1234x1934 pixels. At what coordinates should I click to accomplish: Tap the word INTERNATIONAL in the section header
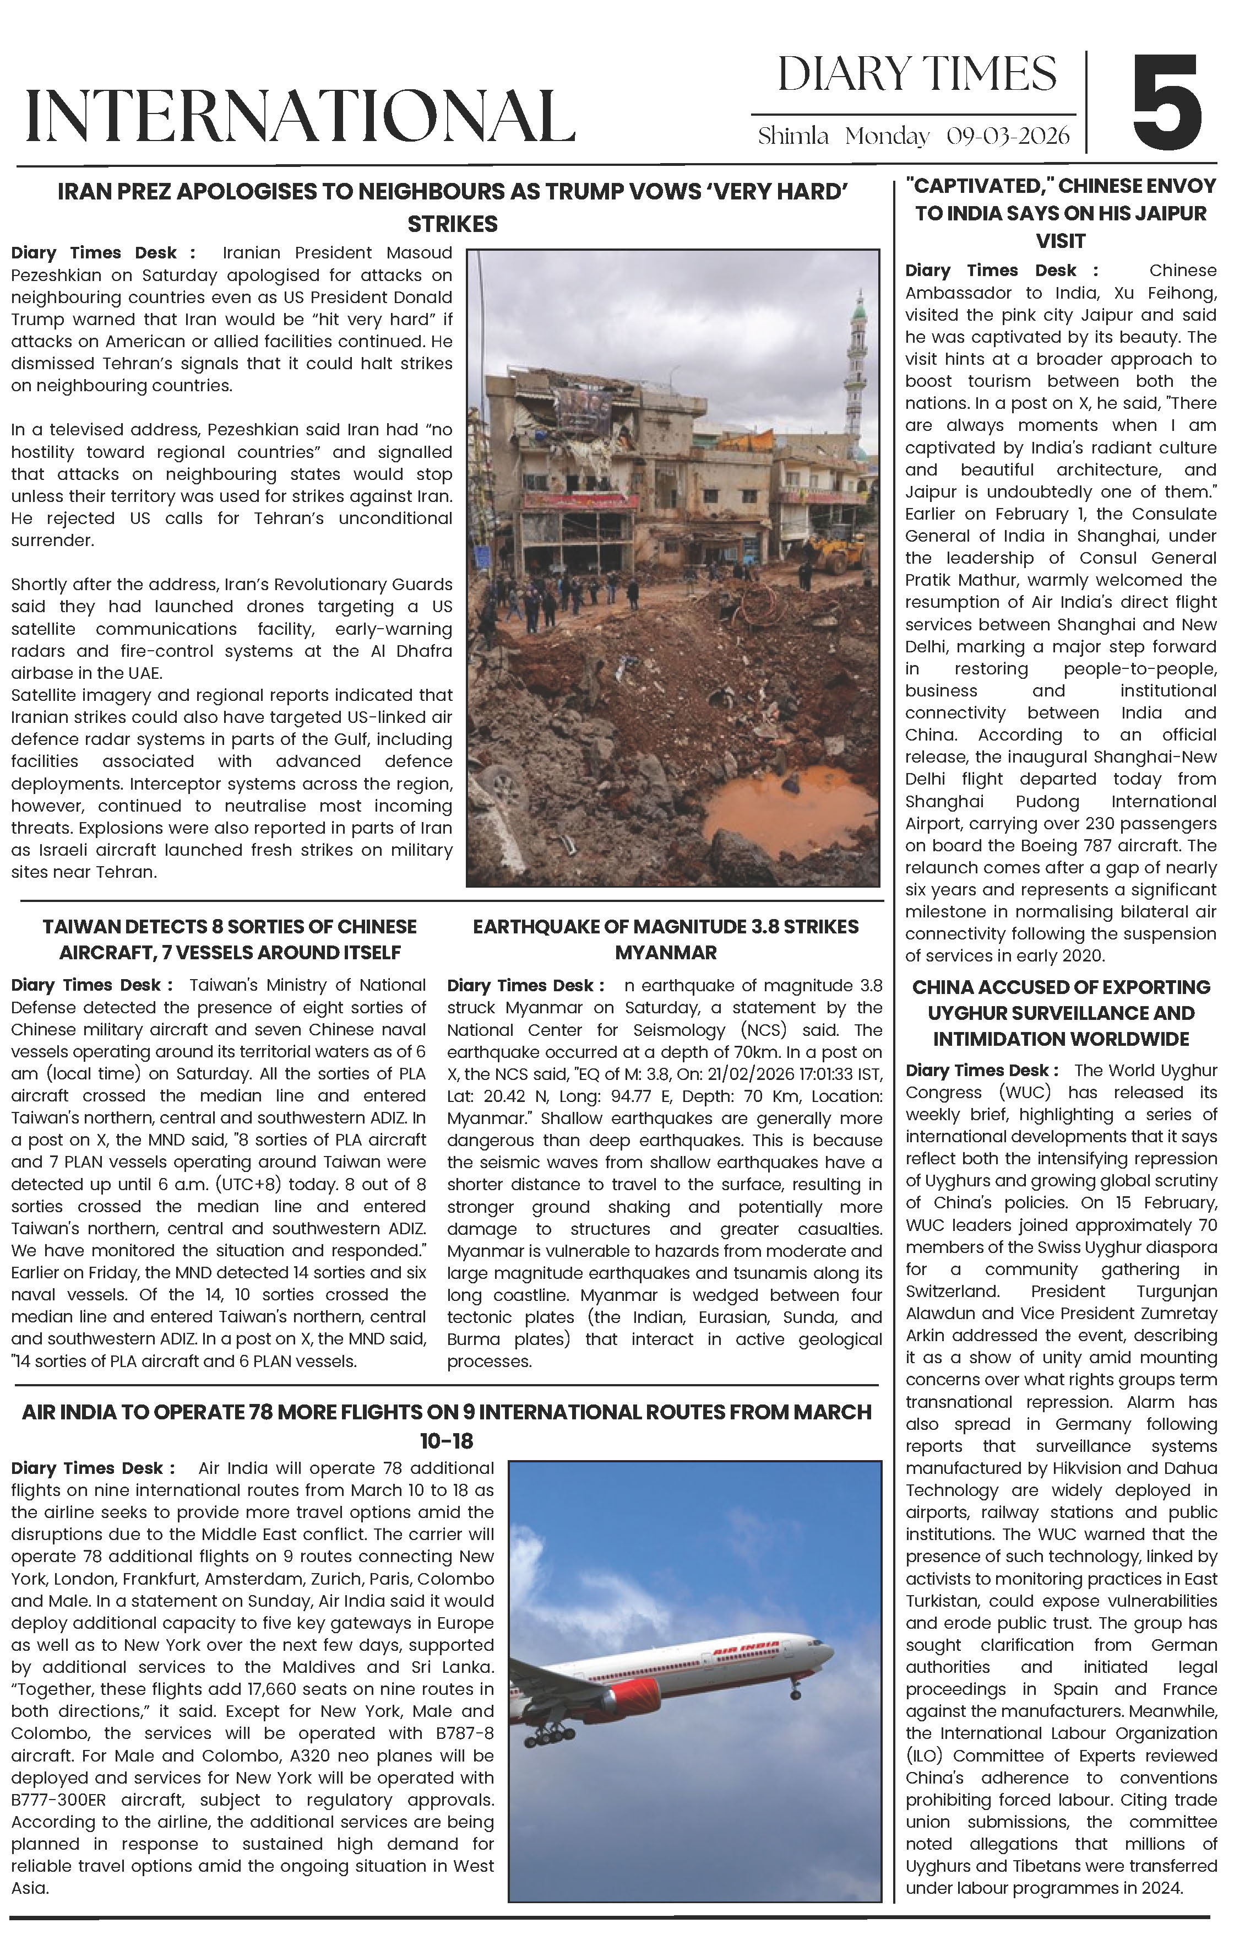tap(300, 116)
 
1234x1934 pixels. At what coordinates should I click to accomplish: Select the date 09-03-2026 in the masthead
tap(1008, 136)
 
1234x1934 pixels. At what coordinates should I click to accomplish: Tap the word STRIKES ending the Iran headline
tap(452, 224)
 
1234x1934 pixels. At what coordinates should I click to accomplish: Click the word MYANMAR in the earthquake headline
tap(666, 953)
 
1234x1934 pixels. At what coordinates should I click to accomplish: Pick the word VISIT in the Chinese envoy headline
tap(1061, 241)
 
